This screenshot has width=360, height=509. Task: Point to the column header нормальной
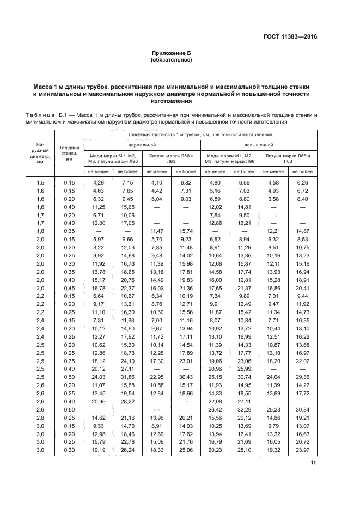142,145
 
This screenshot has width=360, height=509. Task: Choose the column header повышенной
259,145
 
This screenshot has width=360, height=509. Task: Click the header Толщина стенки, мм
69,154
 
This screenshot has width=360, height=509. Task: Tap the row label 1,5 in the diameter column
40,182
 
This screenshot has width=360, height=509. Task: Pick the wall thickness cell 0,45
69,289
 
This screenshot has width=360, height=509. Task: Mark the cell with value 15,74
186,232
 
